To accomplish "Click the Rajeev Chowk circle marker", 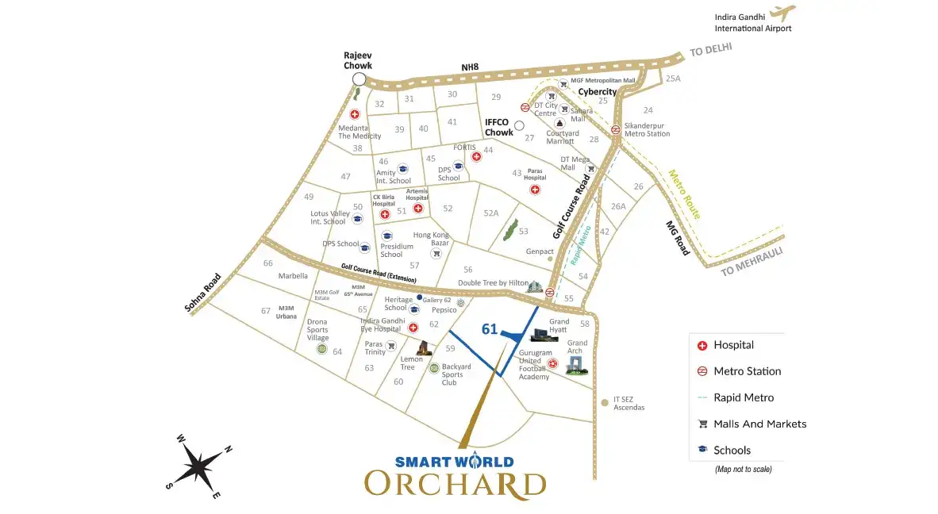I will click(x=359, y=79).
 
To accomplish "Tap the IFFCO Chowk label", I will click(x=499, y=128).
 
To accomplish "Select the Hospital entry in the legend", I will click(x=733, y=345).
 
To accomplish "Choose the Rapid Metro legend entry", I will click(x=743, y=397).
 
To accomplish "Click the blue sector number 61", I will click(x=490, y=329).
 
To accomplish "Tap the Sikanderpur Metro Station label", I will click(x=647, y=129).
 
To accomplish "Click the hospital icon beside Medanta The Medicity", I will click(x=355, y=114).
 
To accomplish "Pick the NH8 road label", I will click(x=471, y=68).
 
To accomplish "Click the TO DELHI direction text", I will click(x=710, y=50).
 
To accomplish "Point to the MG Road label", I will click(x=678, y=237).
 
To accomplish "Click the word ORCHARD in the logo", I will click(x=455, y=485).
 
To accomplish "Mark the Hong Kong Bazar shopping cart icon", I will click(x=436, y=254).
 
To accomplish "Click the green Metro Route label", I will click(x=684, y=194).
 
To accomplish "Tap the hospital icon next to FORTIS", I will click(x=476, y=156).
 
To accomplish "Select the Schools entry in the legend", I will click(x=732, y=450).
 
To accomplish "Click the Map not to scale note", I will click(x=743, y=470).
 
